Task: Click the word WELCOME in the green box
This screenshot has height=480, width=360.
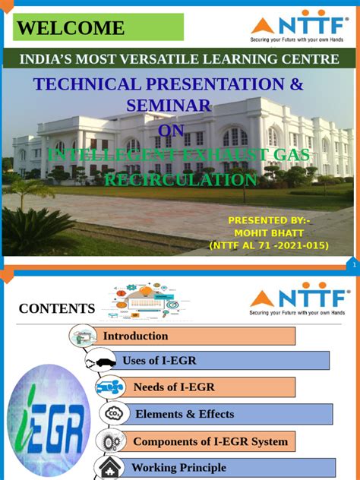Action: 71,29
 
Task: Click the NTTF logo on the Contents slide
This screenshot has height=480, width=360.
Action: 299,301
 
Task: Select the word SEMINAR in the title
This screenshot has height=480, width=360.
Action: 169,107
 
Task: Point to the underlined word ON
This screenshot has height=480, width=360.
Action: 170,132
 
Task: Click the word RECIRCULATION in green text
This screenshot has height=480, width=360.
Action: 180,180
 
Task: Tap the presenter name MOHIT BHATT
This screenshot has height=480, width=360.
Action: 267,232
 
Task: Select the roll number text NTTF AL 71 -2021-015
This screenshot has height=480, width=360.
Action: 268,245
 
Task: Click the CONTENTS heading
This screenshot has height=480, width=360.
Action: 57,308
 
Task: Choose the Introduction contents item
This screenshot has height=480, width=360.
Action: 136,336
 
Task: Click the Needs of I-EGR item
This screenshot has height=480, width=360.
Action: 174,387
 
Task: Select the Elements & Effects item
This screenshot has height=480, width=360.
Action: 185,414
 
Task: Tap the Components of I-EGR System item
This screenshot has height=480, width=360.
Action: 210,441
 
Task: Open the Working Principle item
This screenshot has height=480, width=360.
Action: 178,467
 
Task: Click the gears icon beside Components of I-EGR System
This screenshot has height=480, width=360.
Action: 111,441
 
